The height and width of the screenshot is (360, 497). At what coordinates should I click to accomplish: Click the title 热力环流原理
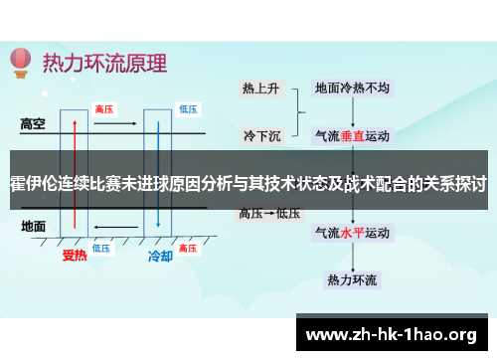pos(104,62)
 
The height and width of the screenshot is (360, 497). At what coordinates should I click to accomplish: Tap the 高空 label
pos(34,124)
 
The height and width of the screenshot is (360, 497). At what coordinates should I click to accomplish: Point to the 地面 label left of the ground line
pos(33,227)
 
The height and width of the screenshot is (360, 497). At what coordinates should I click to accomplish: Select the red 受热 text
pos(76,256)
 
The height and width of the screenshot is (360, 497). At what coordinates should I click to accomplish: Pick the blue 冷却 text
pos(160,256)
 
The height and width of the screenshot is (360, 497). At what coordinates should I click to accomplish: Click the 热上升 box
pos(260,88)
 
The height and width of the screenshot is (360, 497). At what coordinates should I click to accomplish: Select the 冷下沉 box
pos(260,133)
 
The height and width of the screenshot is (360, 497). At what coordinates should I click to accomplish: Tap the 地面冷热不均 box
pos(352,88)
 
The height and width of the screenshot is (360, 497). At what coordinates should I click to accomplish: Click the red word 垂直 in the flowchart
pos(353,134)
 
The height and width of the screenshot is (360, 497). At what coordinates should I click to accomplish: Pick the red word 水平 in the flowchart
pos(353,235)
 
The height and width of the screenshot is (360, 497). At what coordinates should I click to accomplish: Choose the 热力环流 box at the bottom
pos(352,279)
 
